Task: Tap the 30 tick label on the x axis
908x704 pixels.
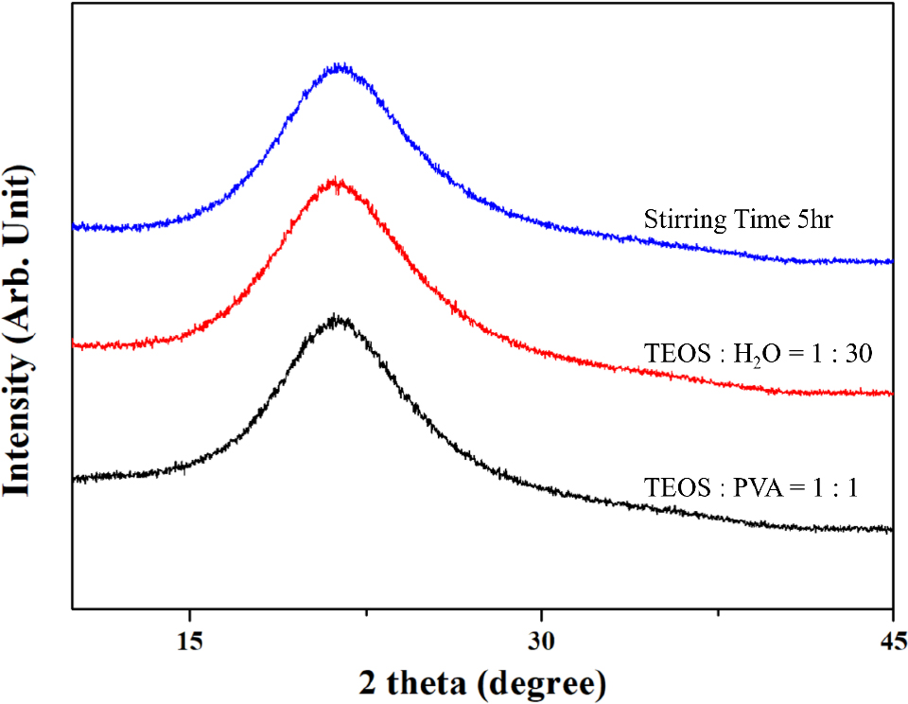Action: click(541, 639)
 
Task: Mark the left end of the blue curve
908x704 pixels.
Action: click(74, 227)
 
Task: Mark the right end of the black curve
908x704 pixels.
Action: click(892, 530)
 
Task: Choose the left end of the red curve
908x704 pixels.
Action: click(74, 345)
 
